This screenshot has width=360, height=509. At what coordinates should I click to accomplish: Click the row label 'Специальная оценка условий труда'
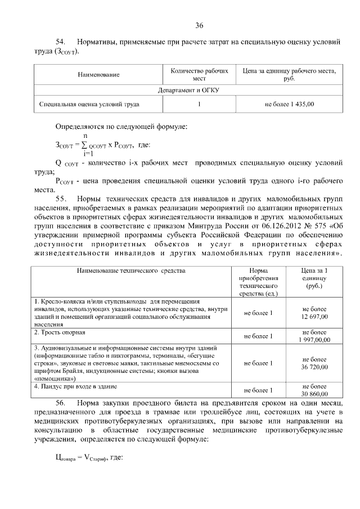pyautogui.click(x=89, y=104)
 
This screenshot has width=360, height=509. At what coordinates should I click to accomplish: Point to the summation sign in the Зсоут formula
pyautogui.click(x=84, y=145)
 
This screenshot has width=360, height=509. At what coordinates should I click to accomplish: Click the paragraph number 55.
pyautogui.click(x=61, y=199)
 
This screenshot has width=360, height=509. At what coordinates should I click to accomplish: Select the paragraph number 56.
pyautogui.click(x=61, y=403)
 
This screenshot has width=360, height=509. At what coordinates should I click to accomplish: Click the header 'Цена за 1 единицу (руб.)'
pyautogui.click(x=314, y=278)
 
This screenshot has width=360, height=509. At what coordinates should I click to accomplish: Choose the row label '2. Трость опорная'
pyautogui.click(x=62, y=332)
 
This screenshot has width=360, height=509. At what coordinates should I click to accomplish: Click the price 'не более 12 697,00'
pyautogui.click(x=314, y=313)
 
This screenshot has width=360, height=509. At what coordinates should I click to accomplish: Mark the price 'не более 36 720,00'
pyautogui.click(x=314, y=363)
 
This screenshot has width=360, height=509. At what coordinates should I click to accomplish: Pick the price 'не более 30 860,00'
pyautogui.click(x=314, y=390)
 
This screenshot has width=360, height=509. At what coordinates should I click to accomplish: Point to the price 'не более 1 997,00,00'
pyautogui.click(x=314, y=336)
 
